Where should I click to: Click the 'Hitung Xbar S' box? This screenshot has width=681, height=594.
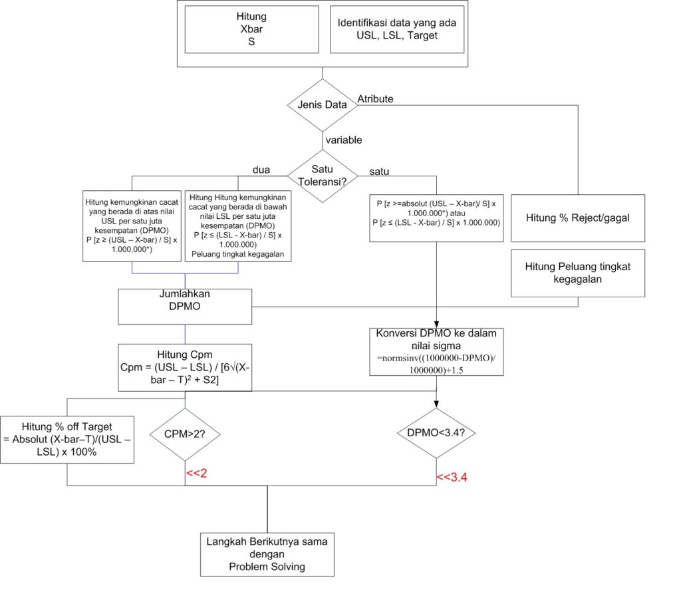(252, 29)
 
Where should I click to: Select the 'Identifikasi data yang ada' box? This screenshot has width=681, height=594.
(397, 29)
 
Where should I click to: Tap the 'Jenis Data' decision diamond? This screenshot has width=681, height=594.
(323, 104)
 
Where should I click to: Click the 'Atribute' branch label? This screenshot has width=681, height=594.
(375, 99)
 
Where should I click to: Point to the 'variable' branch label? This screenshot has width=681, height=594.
(344, 140)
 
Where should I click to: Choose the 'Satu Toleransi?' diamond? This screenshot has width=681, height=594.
(323, 176)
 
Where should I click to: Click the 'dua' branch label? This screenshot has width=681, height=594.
(261, 170)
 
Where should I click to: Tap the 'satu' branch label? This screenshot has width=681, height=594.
(379, 172)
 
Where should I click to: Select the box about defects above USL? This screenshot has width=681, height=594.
(132, 226)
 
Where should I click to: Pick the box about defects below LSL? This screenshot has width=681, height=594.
(238, 226)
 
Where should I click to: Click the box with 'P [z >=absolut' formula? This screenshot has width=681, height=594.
(436, 218)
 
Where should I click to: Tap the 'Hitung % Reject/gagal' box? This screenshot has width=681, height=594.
(578, 218)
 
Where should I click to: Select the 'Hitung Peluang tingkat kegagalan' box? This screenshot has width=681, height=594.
(578, 273)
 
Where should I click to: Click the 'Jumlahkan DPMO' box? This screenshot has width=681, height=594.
(185, 307)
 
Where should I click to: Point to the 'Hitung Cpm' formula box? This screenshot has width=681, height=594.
(185, 368)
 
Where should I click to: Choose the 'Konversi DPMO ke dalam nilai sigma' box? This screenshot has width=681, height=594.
(436, 352)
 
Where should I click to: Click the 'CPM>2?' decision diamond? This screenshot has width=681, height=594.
(185, 434)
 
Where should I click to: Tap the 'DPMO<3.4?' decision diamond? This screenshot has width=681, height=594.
(436, 433)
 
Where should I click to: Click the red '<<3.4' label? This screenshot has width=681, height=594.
(452, 477)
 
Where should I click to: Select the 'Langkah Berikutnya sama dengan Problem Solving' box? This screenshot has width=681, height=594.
(267, 555)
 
